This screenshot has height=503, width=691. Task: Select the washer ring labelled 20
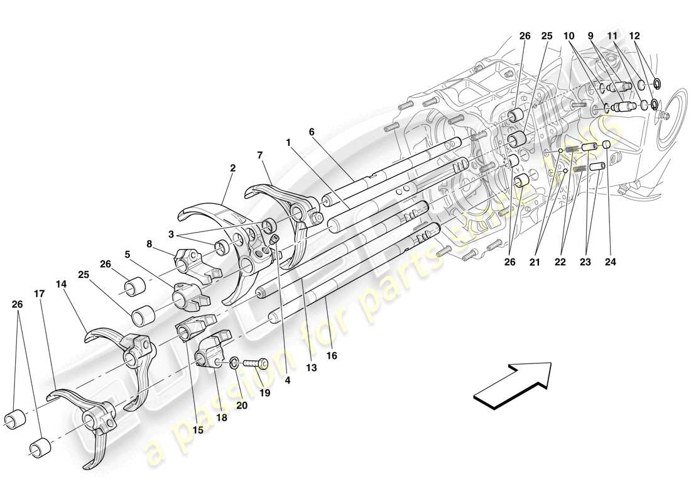tap(234, 362)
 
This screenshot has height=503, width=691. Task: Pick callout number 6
tap(311, 132)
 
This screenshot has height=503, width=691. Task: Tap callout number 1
tap(288, 143)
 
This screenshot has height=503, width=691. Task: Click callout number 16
tap(332, 356)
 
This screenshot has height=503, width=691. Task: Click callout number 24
tap(608, 261)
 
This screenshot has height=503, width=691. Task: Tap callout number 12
tap(636, 37)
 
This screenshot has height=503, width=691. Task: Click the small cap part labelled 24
tap(607, 146)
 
